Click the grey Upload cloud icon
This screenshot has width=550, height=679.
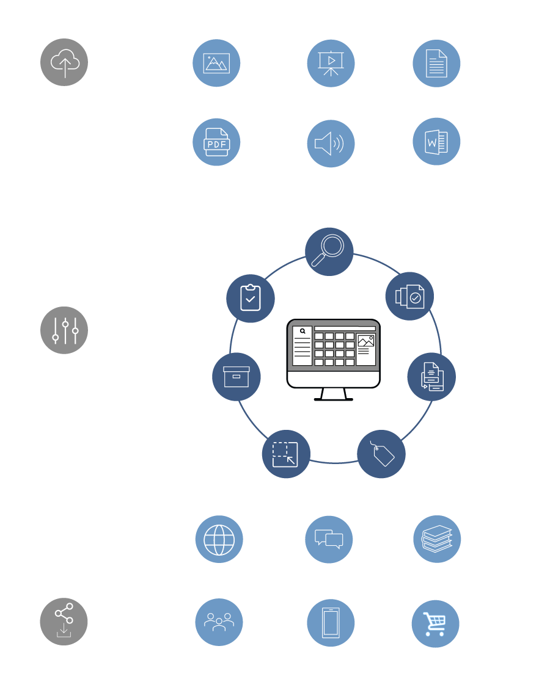[64, 62]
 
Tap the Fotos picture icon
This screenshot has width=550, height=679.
[216, 63]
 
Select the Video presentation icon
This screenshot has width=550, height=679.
[331, 63]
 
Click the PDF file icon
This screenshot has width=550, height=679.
[216, 142]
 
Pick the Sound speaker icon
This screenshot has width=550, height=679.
[331, 143]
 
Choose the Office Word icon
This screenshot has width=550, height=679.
[436, 142]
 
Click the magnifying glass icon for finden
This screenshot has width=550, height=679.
[329, 251]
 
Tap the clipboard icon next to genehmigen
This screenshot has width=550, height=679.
[250, 299]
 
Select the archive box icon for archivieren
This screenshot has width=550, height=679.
[236, 376]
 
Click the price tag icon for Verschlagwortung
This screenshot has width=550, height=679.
[381, 454]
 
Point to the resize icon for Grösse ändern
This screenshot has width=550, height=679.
[286, 454]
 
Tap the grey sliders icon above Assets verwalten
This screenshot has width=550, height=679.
[64, 330]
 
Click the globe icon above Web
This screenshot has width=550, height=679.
[219, 540]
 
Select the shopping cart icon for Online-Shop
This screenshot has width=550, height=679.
[436, 623]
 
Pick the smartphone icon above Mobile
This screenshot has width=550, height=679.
[331, 623]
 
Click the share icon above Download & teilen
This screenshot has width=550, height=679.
[64, 621]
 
